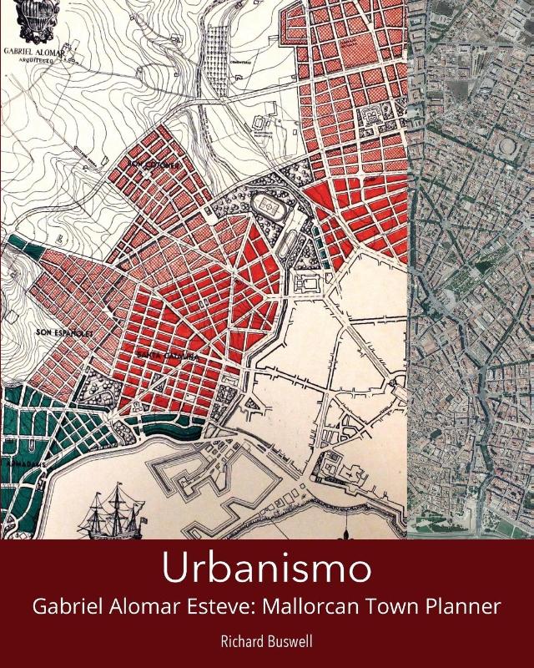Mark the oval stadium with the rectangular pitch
[268, 205]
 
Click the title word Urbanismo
[266, 569]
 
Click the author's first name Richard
[238, 643]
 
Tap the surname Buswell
[290, 643]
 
